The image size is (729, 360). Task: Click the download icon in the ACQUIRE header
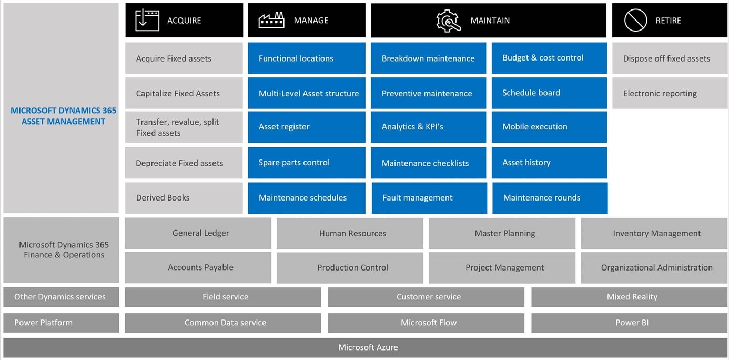(x=147, y=21)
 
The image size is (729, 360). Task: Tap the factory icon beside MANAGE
(x=271, y=21)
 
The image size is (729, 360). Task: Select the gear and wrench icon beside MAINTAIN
(x=448, y=21)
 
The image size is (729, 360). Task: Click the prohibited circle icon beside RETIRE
(x=635, y=21)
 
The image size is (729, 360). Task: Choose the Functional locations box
(x=306, y=58)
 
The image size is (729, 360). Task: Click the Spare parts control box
(x=306, y=163)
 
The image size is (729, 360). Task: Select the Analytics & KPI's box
(x=428, y=127)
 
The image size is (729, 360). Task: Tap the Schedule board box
(x=549, y=93)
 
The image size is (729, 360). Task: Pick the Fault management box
(x=429, y=198)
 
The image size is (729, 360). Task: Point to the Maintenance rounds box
(x=550, y=198)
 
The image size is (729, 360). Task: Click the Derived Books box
(x=184, y=198)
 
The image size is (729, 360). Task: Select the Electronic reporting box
(x=670, y=94)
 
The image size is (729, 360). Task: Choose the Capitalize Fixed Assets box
(x=184, y=94)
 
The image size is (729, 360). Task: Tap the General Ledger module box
(x=198, y=233)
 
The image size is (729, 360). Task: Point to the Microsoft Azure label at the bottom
(x=368, y=347)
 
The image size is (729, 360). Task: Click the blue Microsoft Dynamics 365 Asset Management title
(x=63, y=116)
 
